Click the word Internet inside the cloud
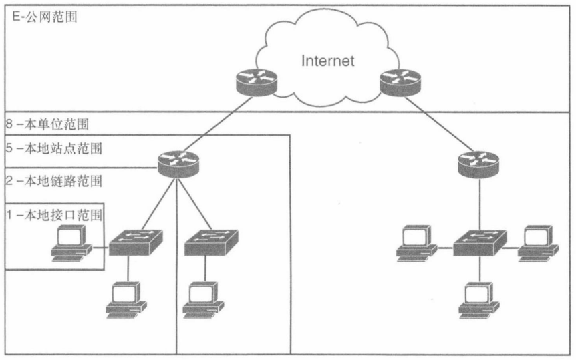click(x=327, y=61)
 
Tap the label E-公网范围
click(x=45, y=17)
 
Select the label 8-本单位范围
click(x=47, y=124)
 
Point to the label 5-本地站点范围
click(x=54, y=148)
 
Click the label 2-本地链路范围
click(x=54, y=181)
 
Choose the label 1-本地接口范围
click(x=54, y=215)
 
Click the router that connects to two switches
click(x=178, y=163)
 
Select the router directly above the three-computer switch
click(x=478, y=163)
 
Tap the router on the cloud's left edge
click(x=257, y=82)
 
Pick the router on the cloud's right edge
click(x=400, y=82)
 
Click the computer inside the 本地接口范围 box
click(x=71, y=243)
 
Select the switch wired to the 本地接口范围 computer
click(x=136, y=243)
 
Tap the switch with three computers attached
click(x=480, y=243)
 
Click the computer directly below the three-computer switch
click(x=479, y=300)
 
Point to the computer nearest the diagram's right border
click(x=538, y=243)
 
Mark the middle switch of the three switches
click(x=211, y=243)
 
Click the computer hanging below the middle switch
click(x=204, y=300)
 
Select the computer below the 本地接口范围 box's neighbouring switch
click(x=126, y=300)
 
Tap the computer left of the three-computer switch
click(x=417, y=243)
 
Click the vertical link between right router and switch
click(x=479, y=204)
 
